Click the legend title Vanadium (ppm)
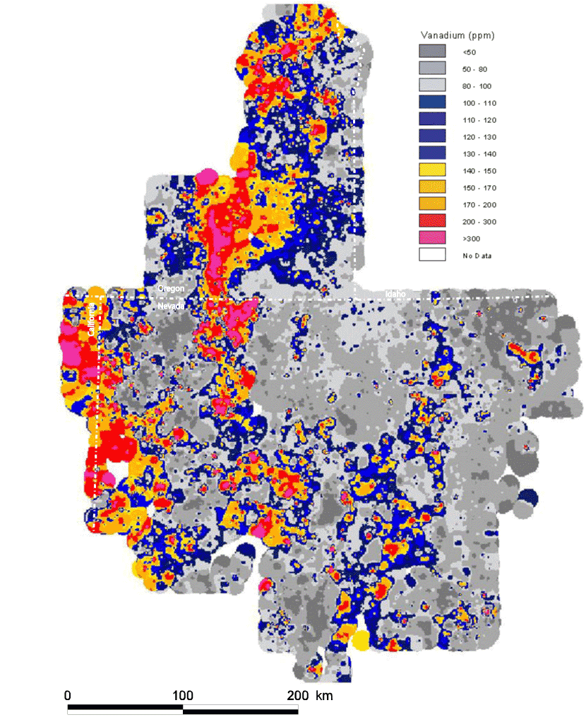[x=455, y=35]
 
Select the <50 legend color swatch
[x=432, y=52]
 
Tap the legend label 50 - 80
[x=474, y=69]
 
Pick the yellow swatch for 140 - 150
[x=432, y=170]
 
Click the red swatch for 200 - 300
[x=432, y=221]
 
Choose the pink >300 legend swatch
[x=432, y=238]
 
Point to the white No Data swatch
[x=432, y=255]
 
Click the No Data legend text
[x=477, y=255]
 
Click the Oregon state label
[x=171, y=289]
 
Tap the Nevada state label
[x=171, y=306]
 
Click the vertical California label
[x=92, y=319]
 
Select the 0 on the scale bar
[x=68, y=695]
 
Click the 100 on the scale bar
[x=183, y=695]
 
